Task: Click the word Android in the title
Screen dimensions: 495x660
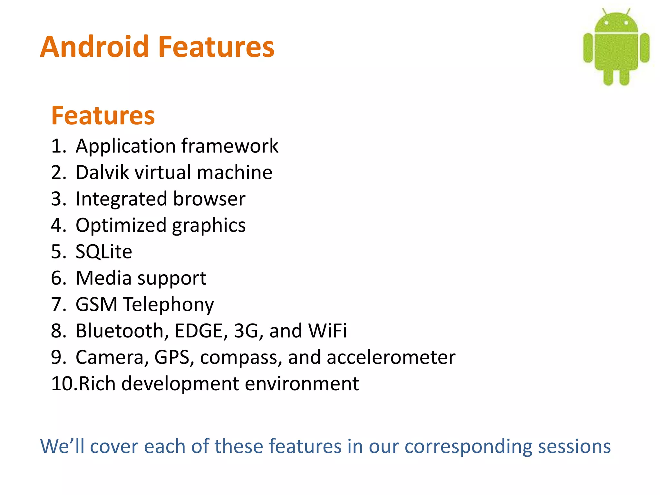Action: pyautogui.click(x=94, y=47)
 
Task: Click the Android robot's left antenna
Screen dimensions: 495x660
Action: pyautogui.click(x=605, y=12)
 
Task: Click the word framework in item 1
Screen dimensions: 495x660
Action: pyautogui.click(x=230, y=146)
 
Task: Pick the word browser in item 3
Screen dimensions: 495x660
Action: pyautogui.click(x=209, y=199)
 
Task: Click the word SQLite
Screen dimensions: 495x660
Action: pyautogui.click(x=104, y=251)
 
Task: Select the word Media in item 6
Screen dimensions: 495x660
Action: pyautogui.click(x=103, y=278)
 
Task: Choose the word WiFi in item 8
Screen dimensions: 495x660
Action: pyautogui.click(x=327, y=331)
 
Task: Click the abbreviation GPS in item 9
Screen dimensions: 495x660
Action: pyautogui.click(x=172, y=357)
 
